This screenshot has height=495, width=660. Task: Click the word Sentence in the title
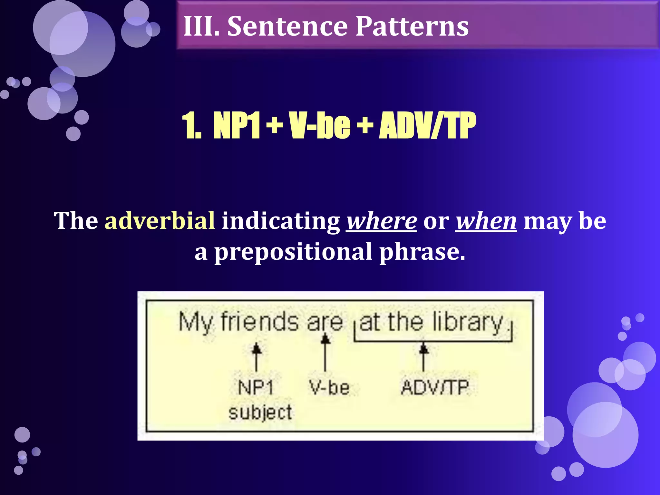pyautogui.click(x=287, y=26)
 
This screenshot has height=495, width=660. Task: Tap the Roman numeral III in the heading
pyautogui.click(x=200, y=26)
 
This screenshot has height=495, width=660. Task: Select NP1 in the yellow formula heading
pyautogui.click(x=236, y=126)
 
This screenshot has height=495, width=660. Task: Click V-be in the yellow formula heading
pyautogui.click(x=319, y=126)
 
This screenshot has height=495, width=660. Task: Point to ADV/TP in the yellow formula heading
pyautogui.click(x=427, y=126)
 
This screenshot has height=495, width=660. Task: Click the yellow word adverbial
pyautogui.click(x=160, y=221)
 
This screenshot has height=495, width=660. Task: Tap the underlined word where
pyautogui.click(x=382, y=221)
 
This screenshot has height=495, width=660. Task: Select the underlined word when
pyautogui.click(x=486, y=221)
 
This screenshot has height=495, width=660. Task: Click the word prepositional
pyautogui.click(x=293, y=252)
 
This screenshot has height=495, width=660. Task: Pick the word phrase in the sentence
pyautogui.click(x=422, y=252)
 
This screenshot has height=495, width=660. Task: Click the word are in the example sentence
pyautogui.click(x=325, y=322)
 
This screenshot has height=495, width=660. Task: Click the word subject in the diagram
pyautogui.click(x=260, y=412)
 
